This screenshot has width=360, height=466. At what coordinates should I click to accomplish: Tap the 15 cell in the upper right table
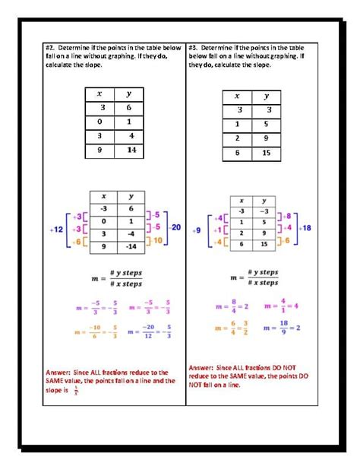[x=267, y=153]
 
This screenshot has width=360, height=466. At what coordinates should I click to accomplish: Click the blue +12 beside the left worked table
[x=57, y=227]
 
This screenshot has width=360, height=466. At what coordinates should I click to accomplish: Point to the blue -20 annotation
[x=175, y=227]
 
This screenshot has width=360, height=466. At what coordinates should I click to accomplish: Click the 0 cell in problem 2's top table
[x=99, y=122]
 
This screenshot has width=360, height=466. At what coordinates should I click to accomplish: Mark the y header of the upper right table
[x=267, y=97]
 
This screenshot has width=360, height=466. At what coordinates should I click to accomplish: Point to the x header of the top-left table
[x=99, y=93]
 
